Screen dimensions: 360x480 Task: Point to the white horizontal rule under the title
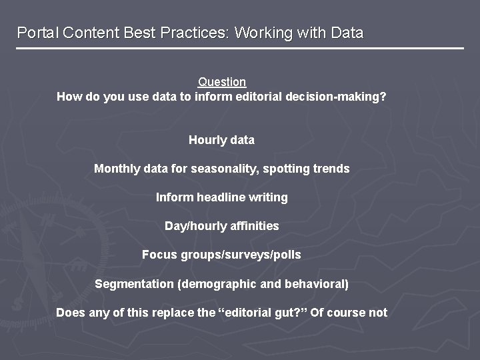pos(240,48)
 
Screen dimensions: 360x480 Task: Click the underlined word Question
pos(222,82)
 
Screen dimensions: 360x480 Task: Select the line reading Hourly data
pos(221,140)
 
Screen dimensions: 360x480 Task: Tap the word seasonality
pos(224,169)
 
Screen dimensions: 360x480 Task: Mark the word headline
pos(219,197)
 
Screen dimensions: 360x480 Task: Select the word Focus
pos(157,255)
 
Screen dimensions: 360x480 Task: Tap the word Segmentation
pos(133,284)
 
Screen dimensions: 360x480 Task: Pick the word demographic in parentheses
pos(217,284)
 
